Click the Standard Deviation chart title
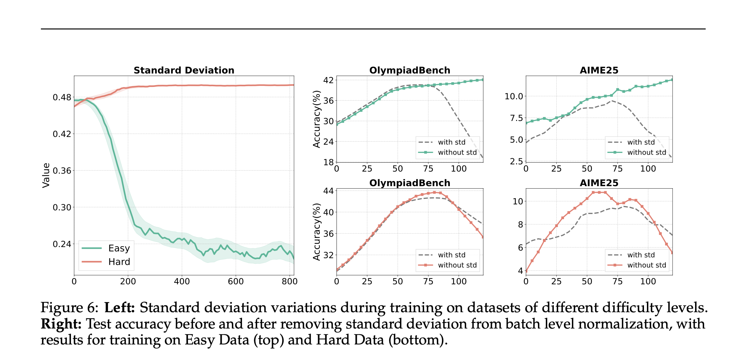[x=184, y=70]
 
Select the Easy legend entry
[x=119, y=248]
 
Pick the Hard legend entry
[x=119, y=262]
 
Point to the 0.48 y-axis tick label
[x=62, y=97]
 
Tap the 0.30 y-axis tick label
[x=62, y=208]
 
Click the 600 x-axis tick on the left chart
[x=235, y=282]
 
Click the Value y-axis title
[x=46, y=175]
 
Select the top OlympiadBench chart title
[x=410, y=70]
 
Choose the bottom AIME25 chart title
[x=599, y=183]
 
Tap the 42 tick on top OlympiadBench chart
[x=329, y=80]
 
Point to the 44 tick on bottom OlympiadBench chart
[x=329, y=191]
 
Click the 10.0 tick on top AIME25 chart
[x=514, y=96]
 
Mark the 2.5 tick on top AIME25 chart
[x=517, y=161]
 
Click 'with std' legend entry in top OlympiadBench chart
[x=451, y=142]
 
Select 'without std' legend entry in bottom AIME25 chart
[x=646, y=265]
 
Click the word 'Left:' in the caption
[x=120, y=308]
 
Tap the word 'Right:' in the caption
[x=61, y=324]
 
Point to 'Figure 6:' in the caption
[x=69, y=308]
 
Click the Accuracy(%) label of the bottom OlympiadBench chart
[x=317, y=232]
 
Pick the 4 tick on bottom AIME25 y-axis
[x=520, y=271]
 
